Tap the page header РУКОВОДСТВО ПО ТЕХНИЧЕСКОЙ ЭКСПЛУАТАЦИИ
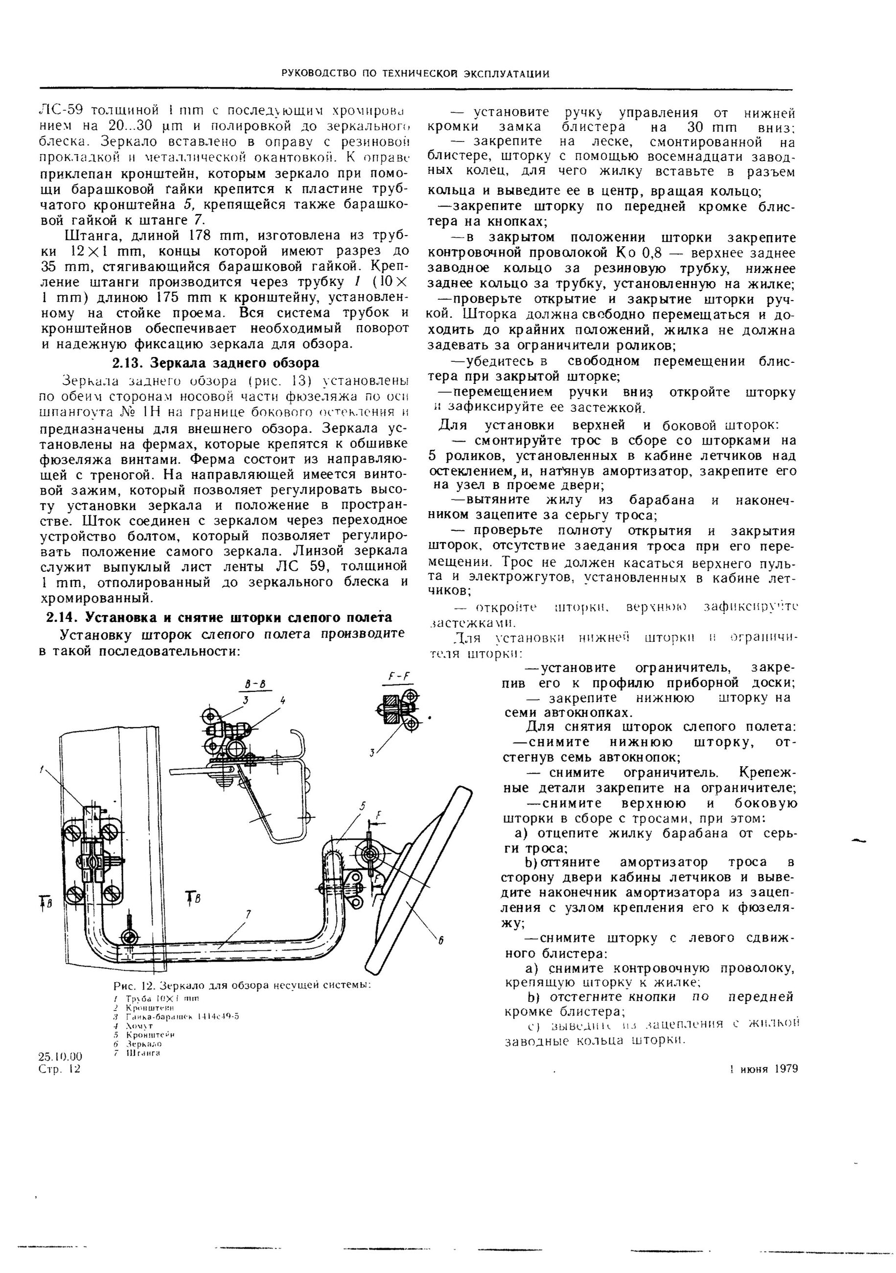tap(415, 74)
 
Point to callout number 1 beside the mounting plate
tap(41, 769)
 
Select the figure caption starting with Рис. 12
tap(242, 985)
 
